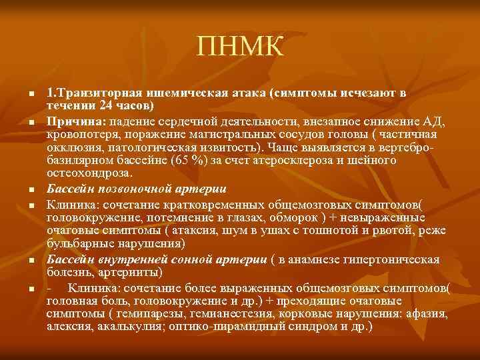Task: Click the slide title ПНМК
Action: (x=240, y=47)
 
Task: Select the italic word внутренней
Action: (x=137, y=258)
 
